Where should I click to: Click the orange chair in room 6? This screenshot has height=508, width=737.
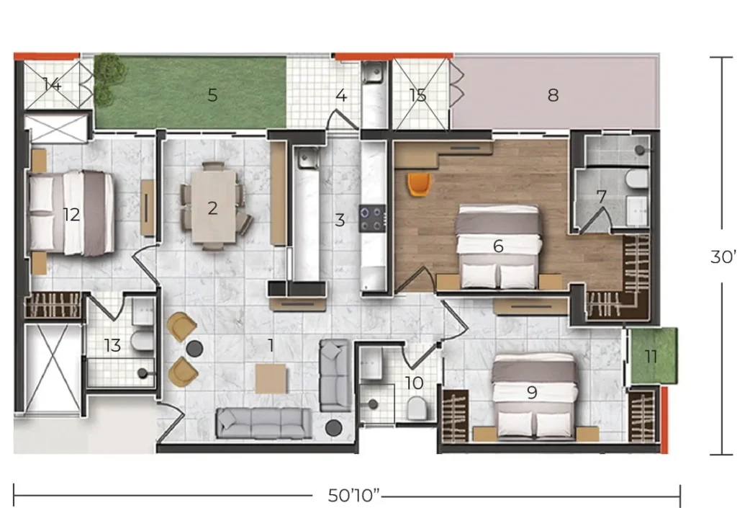tap(419, 184)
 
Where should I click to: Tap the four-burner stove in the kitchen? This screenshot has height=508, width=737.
tap(373, 218)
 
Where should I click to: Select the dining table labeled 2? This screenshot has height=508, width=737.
tap(213, 206)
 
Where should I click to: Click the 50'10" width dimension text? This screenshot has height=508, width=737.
tap(354, 495)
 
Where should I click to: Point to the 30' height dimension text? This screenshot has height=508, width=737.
tap(723, 257)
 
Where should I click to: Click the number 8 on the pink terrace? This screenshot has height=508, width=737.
tap(553, 95)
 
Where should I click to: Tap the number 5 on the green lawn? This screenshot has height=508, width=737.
tap(213, 95)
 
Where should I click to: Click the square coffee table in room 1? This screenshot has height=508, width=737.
tap(271, 378)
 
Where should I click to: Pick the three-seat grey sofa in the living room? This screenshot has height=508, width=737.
tap(263, 424)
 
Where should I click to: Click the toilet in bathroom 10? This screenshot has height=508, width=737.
tap(417, 409)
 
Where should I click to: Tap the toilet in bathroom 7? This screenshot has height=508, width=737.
tap(637, 178)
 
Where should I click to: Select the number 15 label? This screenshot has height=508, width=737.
tap(418, 96)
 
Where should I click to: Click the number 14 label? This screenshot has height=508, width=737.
tap(52, 85)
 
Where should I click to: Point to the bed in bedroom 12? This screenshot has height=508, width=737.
tap(71, 213)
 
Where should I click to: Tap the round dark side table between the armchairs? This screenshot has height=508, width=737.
tap(194, 349)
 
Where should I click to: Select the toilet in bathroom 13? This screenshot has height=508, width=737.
tap(142, 341)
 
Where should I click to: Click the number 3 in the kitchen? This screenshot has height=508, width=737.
tap(340, 220)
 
